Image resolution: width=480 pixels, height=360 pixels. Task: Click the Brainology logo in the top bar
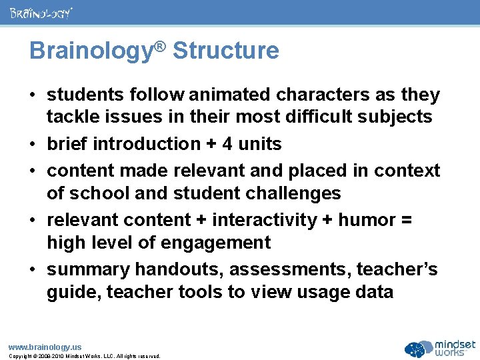[x=41, y=12]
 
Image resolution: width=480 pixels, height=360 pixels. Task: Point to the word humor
[x=365, y=220]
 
